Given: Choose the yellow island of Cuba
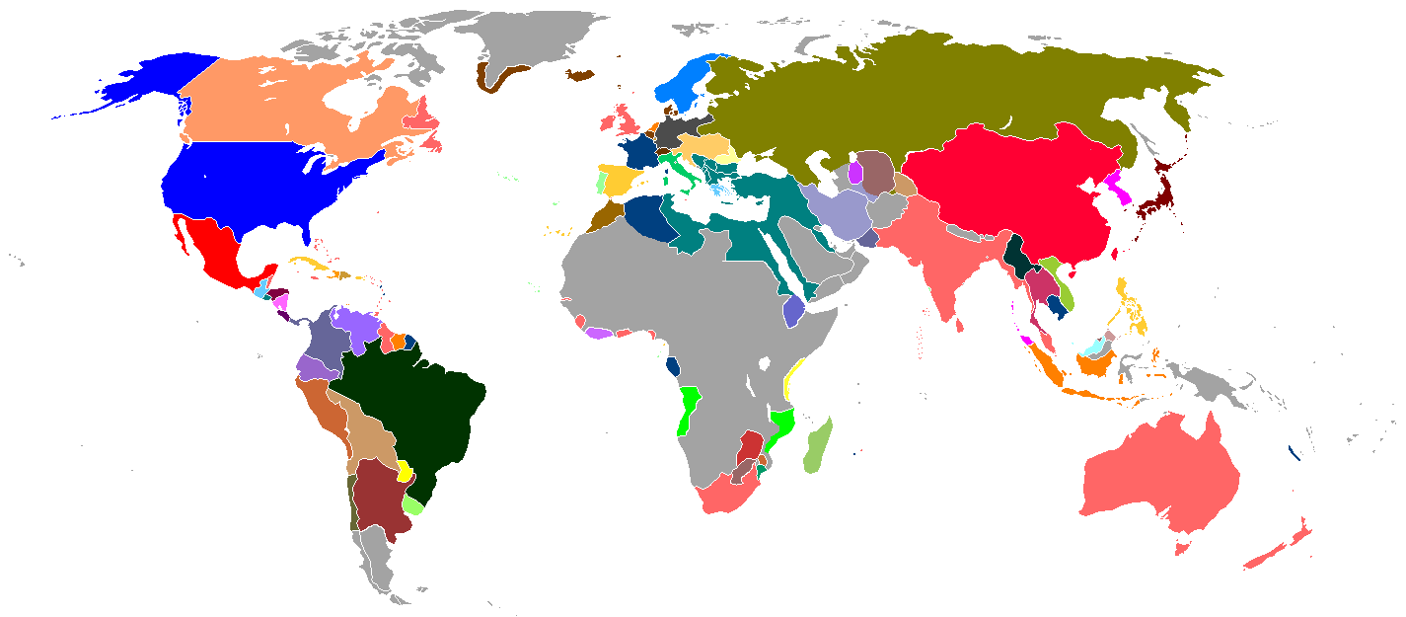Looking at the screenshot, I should coord(312,264).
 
